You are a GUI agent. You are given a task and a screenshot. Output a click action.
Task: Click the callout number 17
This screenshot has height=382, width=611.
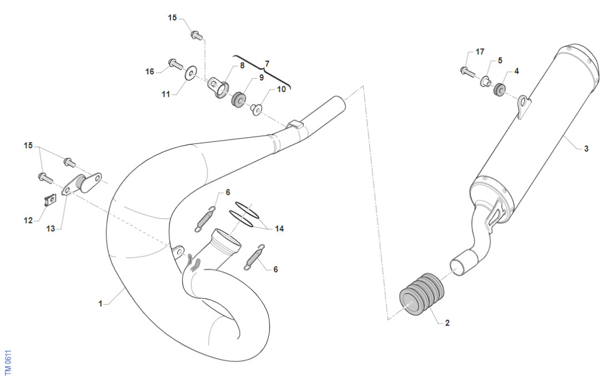pos(479,52)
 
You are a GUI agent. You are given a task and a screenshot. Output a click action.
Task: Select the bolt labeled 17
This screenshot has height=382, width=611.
pos(465,71)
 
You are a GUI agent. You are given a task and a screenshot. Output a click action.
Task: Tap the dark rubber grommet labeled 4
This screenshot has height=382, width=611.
pos(499,89)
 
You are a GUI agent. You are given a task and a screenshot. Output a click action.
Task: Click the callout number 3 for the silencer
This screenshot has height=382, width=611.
pos(586,149)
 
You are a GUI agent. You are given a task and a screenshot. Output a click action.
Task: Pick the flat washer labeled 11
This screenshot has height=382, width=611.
pos(191,72)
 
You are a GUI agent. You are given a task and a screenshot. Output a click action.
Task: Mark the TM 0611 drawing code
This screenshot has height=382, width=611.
pos(8,363)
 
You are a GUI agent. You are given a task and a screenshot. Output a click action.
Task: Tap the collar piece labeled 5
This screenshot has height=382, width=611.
pos(484,83)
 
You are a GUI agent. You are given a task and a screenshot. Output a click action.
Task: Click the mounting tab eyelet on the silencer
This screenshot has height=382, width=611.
pos(523,103)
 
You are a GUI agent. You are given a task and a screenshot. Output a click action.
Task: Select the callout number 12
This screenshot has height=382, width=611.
pos(28,220)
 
